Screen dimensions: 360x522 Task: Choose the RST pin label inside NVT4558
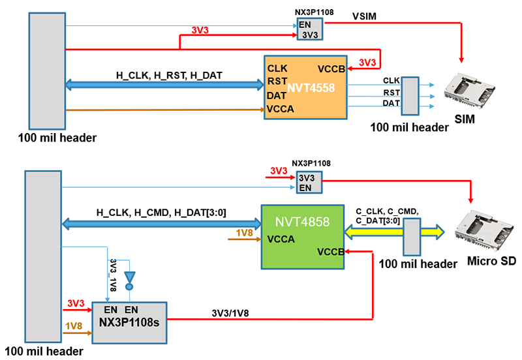(x=277, y=82)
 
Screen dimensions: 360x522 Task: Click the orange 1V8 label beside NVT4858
(x=243, y=232)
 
